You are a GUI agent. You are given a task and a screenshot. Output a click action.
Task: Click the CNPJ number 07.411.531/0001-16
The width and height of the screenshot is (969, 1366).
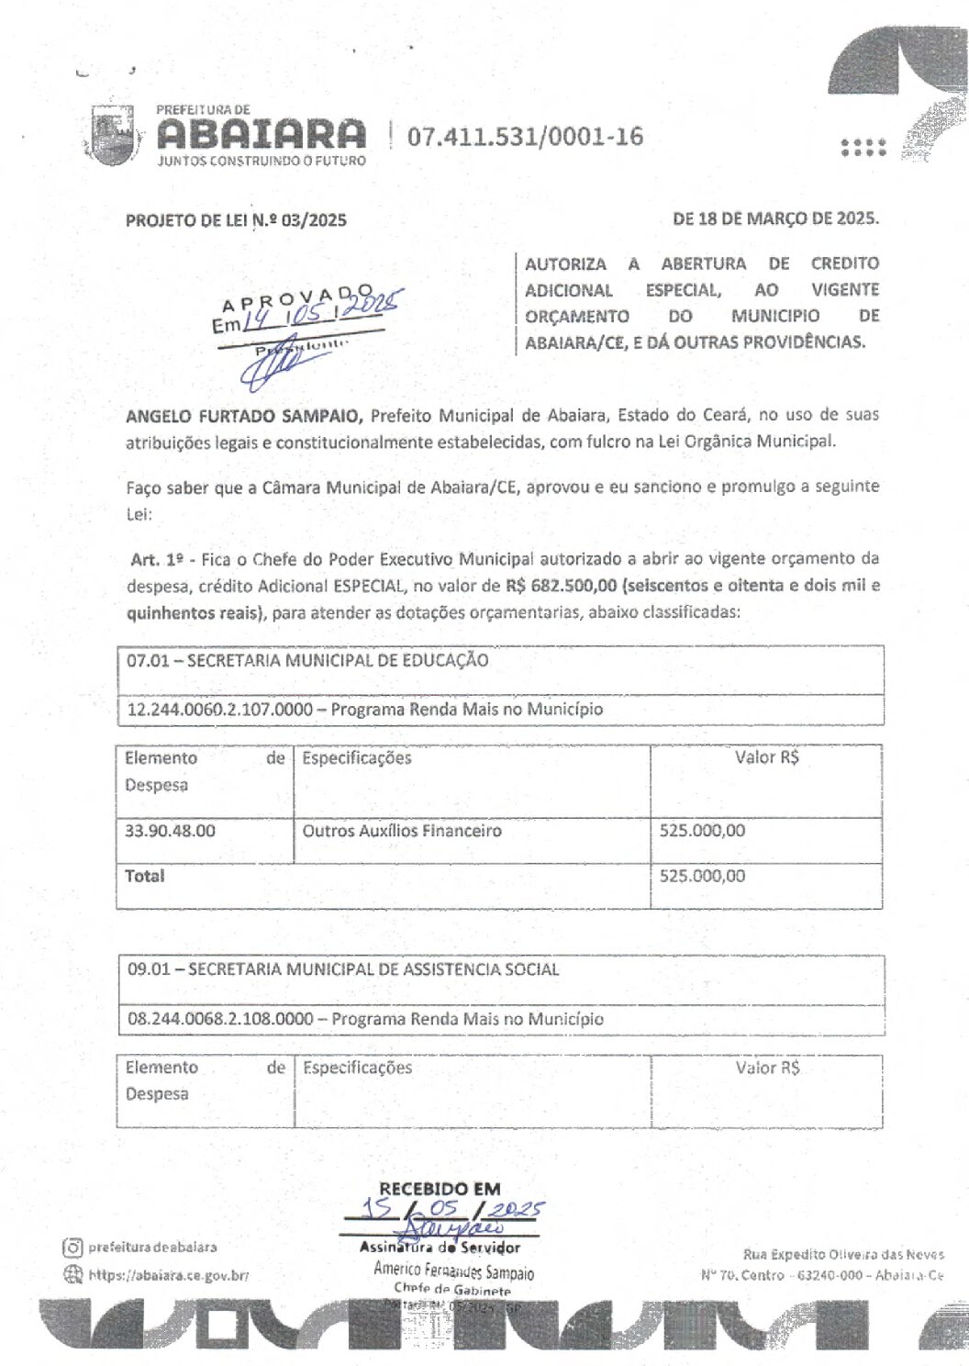(x=525, y=137)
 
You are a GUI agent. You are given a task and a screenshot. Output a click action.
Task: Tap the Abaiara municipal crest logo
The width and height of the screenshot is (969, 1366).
(x=113, y=136)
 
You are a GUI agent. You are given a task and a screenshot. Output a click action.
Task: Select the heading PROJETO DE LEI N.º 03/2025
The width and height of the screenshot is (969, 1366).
(x=236, y=220)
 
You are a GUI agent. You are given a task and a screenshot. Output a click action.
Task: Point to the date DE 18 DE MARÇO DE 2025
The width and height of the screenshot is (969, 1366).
(x=775, y=219)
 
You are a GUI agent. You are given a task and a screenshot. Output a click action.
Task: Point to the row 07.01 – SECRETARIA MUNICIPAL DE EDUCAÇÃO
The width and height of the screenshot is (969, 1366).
(x=307, y=660)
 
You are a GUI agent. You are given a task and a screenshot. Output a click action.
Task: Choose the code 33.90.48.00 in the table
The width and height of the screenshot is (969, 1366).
(x=171, y=831)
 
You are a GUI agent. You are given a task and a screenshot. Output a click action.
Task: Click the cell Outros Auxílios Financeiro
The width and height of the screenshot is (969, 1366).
(x=402, y=831)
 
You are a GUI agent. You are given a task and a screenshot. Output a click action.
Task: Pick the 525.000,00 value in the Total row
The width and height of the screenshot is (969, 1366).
(x=702, y=876)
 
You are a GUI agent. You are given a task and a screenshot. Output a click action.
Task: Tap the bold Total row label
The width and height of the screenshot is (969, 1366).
(x=145, y=876)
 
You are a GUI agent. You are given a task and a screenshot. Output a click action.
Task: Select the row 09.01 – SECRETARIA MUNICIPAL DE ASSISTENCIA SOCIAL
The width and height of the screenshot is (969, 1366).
(x=343, y=969)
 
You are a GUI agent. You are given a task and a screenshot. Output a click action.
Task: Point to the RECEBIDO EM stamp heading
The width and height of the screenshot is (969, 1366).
(x=440, y=1189)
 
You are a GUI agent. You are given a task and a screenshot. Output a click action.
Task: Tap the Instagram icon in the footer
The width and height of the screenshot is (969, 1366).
(x=72, y=1247)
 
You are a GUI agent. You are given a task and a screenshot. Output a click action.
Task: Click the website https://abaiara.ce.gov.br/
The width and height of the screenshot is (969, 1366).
(x=168, y=1274)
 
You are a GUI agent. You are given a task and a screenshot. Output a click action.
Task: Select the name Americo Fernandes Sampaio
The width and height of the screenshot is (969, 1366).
(x=453, y=1271)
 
